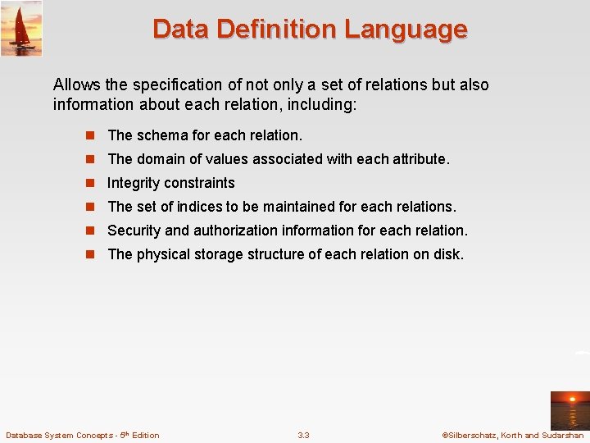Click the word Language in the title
(406, 30)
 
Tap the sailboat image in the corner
(21, 29)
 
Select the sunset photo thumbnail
(569, 410)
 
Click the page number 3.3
(303, 435)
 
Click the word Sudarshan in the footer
(561, 435)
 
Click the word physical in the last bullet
(163, 254)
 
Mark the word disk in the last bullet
(448, 254)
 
